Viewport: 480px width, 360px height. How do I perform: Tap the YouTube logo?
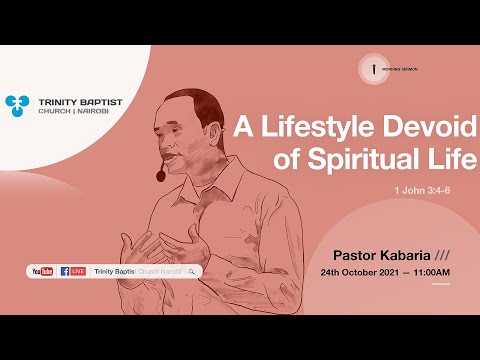click(x=43, y=271)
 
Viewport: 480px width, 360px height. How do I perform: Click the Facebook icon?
click(x=65, y=271)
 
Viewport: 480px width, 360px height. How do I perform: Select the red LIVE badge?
click(x=78, y=271)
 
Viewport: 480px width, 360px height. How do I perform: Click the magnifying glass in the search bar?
click(x=191, y=271)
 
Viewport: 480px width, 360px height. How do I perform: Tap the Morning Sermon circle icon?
click(x=373, y=68)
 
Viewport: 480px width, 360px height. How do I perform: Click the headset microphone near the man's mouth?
click(x=160, y=176)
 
